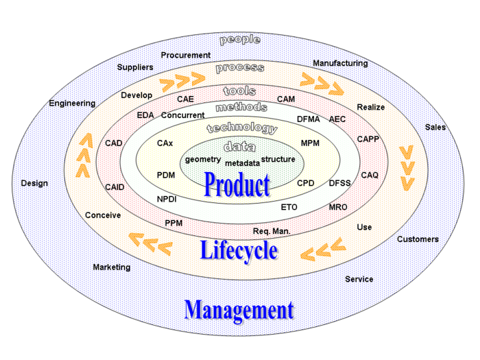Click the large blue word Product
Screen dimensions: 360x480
tap(237, 184)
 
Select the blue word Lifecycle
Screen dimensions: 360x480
tap(239, 250)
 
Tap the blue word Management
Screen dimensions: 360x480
tap(239, 310)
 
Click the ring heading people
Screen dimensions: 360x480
tap(239, 40)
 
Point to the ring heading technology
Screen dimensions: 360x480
tap(242, 128)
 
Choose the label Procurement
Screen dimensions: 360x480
tap(186, 55)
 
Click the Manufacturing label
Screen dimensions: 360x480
tap(340, 63)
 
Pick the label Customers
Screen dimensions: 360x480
tap(418, 239)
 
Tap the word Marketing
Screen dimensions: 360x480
tap(112, 267)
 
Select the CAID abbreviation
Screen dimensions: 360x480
tap(115, 187)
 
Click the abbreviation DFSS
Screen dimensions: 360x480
tap(339, 183)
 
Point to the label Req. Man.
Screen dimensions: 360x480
tap(272, 231)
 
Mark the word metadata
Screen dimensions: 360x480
tap(242, 163)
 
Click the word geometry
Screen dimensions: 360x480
tap(203, 159)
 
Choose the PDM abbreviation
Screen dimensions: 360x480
tap(166, 175)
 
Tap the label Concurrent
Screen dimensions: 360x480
tap(183, 115)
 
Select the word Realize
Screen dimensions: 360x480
tap(371, 107)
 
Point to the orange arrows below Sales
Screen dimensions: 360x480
tap(407, 167)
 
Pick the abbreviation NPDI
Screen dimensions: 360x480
tap(167, 199)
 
